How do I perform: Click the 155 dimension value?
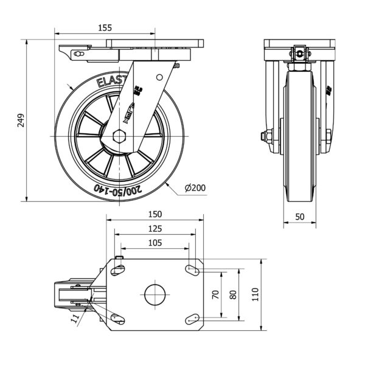tap(104, 27)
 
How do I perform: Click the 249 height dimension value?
tap(20, 120)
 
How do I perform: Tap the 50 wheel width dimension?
tap(299, 216)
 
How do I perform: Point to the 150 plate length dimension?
tap(155, 214)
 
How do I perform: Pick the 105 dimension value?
tap(155, 243)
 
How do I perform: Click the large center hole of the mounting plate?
tap(155, 294)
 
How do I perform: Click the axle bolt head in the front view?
tap(265, 136)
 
